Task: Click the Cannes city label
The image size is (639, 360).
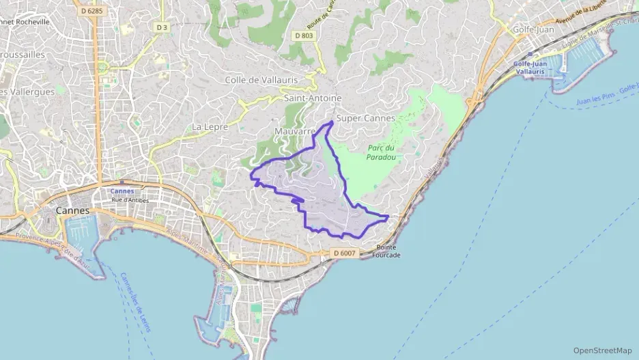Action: click(72, 210)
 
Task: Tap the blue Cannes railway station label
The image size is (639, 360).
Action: click(122, 191)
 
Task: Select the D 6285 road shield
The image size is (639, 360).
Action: click(91, 10)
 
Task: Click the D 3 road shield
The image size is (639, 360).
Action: click(161, 27)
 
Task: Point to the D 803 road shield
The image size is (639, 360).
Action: click(303, 35)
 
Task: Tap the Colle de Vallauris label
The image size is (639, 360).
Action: click(261, 80)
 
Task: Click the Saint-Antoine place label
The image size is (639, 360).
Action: click(311, 98)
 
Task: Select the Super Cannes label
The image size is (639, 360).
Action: click(365, 118)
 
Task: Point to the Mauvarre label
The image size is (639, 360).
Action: click(294, 130)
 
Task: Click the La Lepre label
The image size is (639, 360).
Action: click(210, 126)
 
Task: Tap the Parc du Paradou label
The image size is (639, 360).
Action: click(381, 152)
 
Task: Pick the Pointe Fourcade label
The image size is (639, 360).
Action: click(386, 251)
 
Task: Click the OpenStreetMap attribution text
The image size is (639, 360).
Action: click(602, 350)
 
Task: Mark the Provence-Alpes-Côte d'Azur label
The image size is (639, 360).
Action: click(55, 249)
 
